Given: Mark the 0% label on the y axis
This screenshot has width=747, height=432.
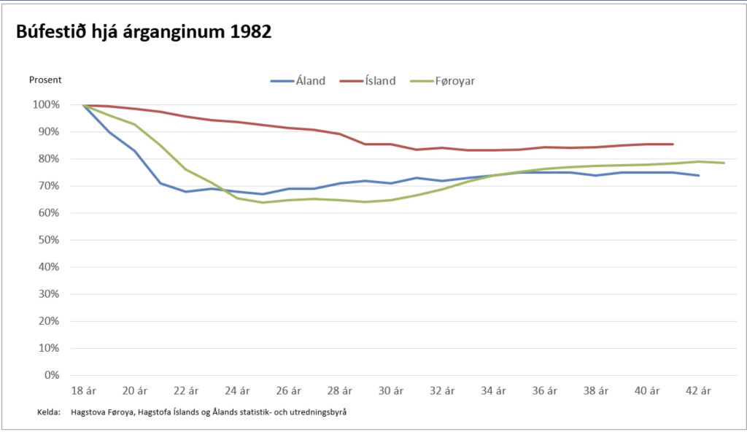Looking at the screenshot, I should [50, 375].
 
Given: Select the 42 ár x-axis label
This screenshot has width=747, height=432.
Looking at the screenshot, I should [700, 390].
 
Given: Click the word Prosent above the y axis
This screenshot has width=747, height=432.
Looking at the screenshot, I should [45, 80].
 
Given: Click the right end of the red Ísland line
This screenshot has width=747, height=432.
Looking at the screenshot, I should [673, 144].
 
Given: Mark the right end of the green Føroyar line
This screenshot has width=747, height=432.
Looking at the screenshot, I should [724, 163].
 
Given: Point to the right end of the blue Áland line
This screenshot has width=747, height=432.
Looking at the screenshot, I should [699, 175].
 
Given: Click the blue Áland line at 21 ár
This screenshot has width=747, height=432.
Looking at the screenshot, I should [160, 183].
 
